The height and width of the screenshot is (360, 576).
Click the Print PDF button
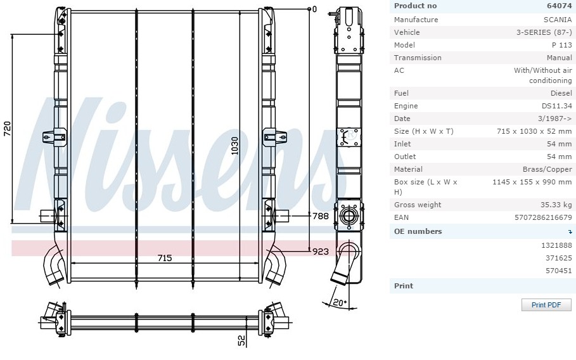pyautogui.click(x=546, y=305)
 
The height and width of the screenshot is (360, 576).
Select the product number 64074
pyautogui.click(x=559, y=6)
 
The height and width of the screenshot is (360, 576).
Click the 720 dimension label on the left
pyautogui.click(x=8, y=129)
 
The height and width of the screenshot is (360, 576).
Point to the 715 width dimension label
pyautogui.click(x=165, y=258)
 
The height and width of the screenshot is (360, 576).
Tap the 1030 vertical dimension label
pyautogui.click(x=234, y=146)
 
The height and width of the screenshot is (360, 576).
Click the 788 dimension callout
pyautogui.click(x=321, y=216)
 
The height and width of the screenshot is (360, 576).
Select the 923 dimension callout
pyautogui.click(x=321, y=252)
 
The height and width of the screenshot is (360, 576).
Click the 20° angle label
pyautogui.click(x=340, y=303)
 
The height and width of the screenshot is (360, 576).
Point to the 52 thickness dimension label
pyautogui.click(x=241, y=340)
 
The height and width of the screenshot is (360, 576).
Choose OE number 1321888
pyautogui.click(x=556, y=245)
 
